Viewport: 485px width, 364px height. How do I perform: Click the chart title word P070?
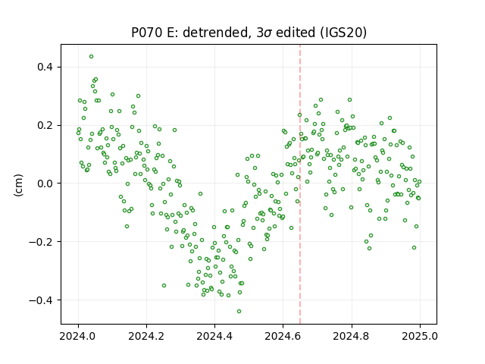pos(146,33)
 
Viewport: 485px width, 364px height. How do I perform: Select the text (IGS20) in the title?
pos(343,33)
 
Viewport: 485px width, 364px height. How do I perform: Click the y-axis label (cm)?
pos(18,185)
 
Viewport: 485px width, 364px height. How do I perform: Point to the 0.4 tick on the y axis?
pos(45,67)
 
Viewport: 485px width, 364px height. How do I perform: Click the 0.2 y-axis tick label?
pos(45,125)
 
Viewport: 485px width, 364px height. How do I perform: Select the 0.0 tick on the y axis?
pos(45,184)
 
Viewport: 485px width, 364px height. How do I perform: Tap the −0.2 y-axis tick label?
pos(41,242)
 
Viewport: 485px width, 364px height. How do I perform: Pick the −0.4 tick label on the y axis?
pos(41,300)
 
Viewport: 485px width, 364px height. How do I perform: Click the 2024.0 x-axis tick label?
pos(78,336)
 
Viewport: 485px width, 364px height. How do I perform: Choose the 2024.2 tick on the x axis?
pos(146,336)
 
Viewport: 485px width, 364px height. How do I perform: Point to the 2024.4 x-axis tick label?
pos(214,336)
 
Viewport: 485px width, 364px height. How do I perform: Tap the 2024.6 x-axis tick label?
pos(283,336)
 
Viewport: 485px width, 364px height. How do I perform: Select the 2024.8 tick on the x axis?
pos(352,336)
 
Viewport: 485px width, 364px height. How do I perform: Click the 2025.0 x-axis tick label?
pos(420,336)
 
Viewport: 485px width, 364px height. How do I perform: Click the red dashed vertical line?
pos(300,184)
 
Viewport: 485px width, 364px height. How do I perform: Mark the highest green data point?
pos(91,57)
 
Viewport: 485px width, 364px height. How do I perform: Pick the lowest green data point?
pos(239,312)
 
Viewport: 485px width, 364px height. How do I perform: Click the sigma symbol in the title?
pos(268,33)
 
